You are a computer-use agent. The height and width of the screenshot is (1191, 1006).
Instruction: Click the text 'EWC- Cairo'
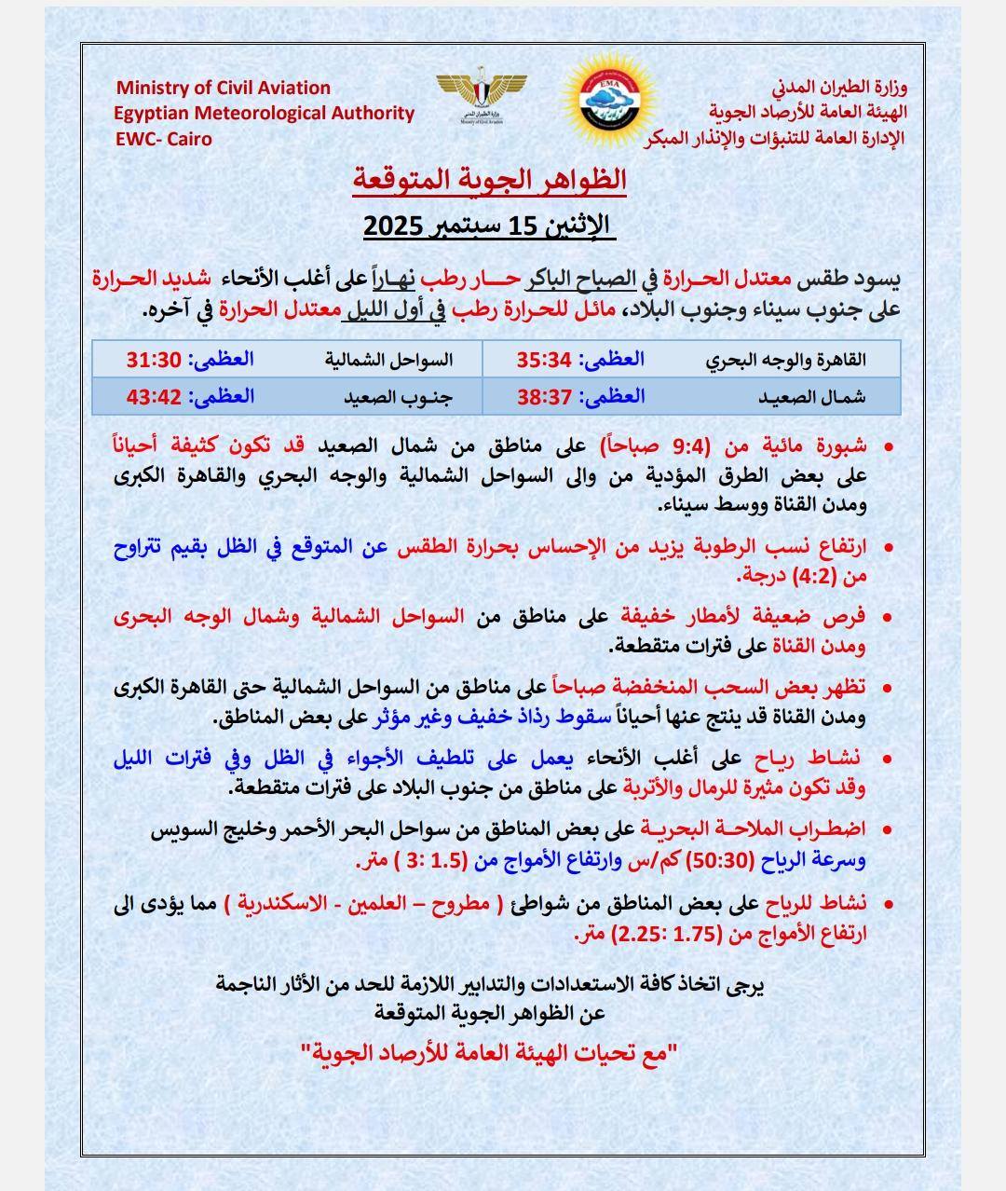(164, 139)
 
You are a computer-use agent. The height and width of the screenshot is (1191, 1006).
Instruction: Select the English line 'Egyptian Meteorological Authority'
(265, 113)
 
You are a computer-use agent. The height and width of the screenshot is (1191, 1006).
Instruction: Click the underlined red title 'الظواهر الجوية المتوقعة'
(490, 179)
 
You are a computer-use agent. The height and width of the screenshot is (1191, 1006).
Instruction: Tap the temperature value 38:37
(543, 396)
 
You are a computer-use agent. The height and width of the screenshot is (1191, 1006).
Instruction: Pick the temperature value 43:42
(153, 396)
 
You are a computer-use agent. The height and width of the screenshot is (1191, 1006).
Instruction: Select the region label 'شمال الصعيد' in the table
(809, 397)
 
